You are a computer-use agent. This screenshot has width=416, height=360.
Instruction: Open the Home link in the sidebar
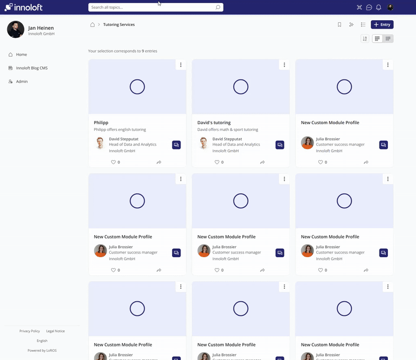tap(21, 55)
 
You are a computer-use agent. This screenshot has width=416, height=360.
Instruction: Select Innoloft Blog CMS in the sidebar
tap(32, 68)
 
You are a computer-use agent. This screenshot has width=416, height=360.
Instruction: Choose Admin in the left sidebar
tap(22, 82)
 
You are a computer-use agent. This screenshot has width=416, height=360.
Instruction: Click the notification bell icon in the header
tap(379, 7)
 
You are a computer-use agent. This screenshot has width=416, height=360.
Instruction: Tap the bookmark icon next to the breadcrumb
tap(340, 24)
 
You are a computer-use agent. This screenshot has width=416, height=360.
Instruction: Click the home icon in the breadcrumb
tap(93, 24)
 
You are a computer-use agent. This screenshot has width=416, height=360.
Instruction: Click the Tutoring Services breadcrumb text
tap(119, 24)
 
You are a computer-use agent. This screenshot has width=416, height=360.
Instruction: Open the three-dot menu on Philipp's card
tap(180, 65)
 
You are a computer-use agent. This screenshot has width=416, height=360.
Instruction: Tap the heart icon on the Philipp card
tap(113, 162)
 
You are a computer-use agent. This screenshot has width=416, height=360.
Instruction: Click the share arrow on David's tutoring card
tap(262, 162)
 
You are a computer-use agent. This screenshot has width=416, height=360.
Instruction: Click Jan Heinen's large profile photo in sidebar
tap(16, 30)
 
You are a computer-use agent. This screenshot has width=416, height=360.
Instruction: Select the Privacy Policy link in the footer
tap(30, 331)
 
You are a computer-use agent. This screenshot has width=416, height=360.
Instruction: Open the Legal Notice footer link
tap(55, 331)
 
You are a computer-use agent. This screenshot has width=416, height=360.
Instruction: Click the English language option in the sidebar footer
tap(42, 341)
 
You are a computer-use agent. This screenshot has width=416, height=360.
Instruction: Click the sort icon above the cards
tap(365, 38)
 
